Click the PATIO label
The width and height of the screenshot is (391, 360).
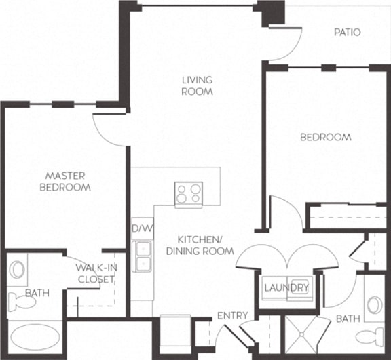pos(347,32)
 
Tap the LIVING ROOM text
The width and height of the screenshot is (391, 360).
pos(198,86)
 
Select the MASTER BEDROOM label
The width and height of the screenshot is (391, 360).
pos(65,182)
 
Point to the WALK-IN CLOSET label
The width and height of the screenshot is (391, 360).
pos(96,273)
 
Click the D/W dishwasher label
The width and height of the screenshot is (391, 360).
pos(141,228)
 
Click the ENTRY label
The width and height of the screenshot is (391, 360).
pos(232,316)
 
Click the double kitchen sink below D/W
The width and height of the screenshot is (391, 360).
pos(143,256)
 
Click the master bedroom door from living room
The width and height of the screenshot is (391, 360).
pos(109,125)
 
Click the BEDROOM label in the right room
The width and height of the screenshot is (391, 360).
pos(326,137)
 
